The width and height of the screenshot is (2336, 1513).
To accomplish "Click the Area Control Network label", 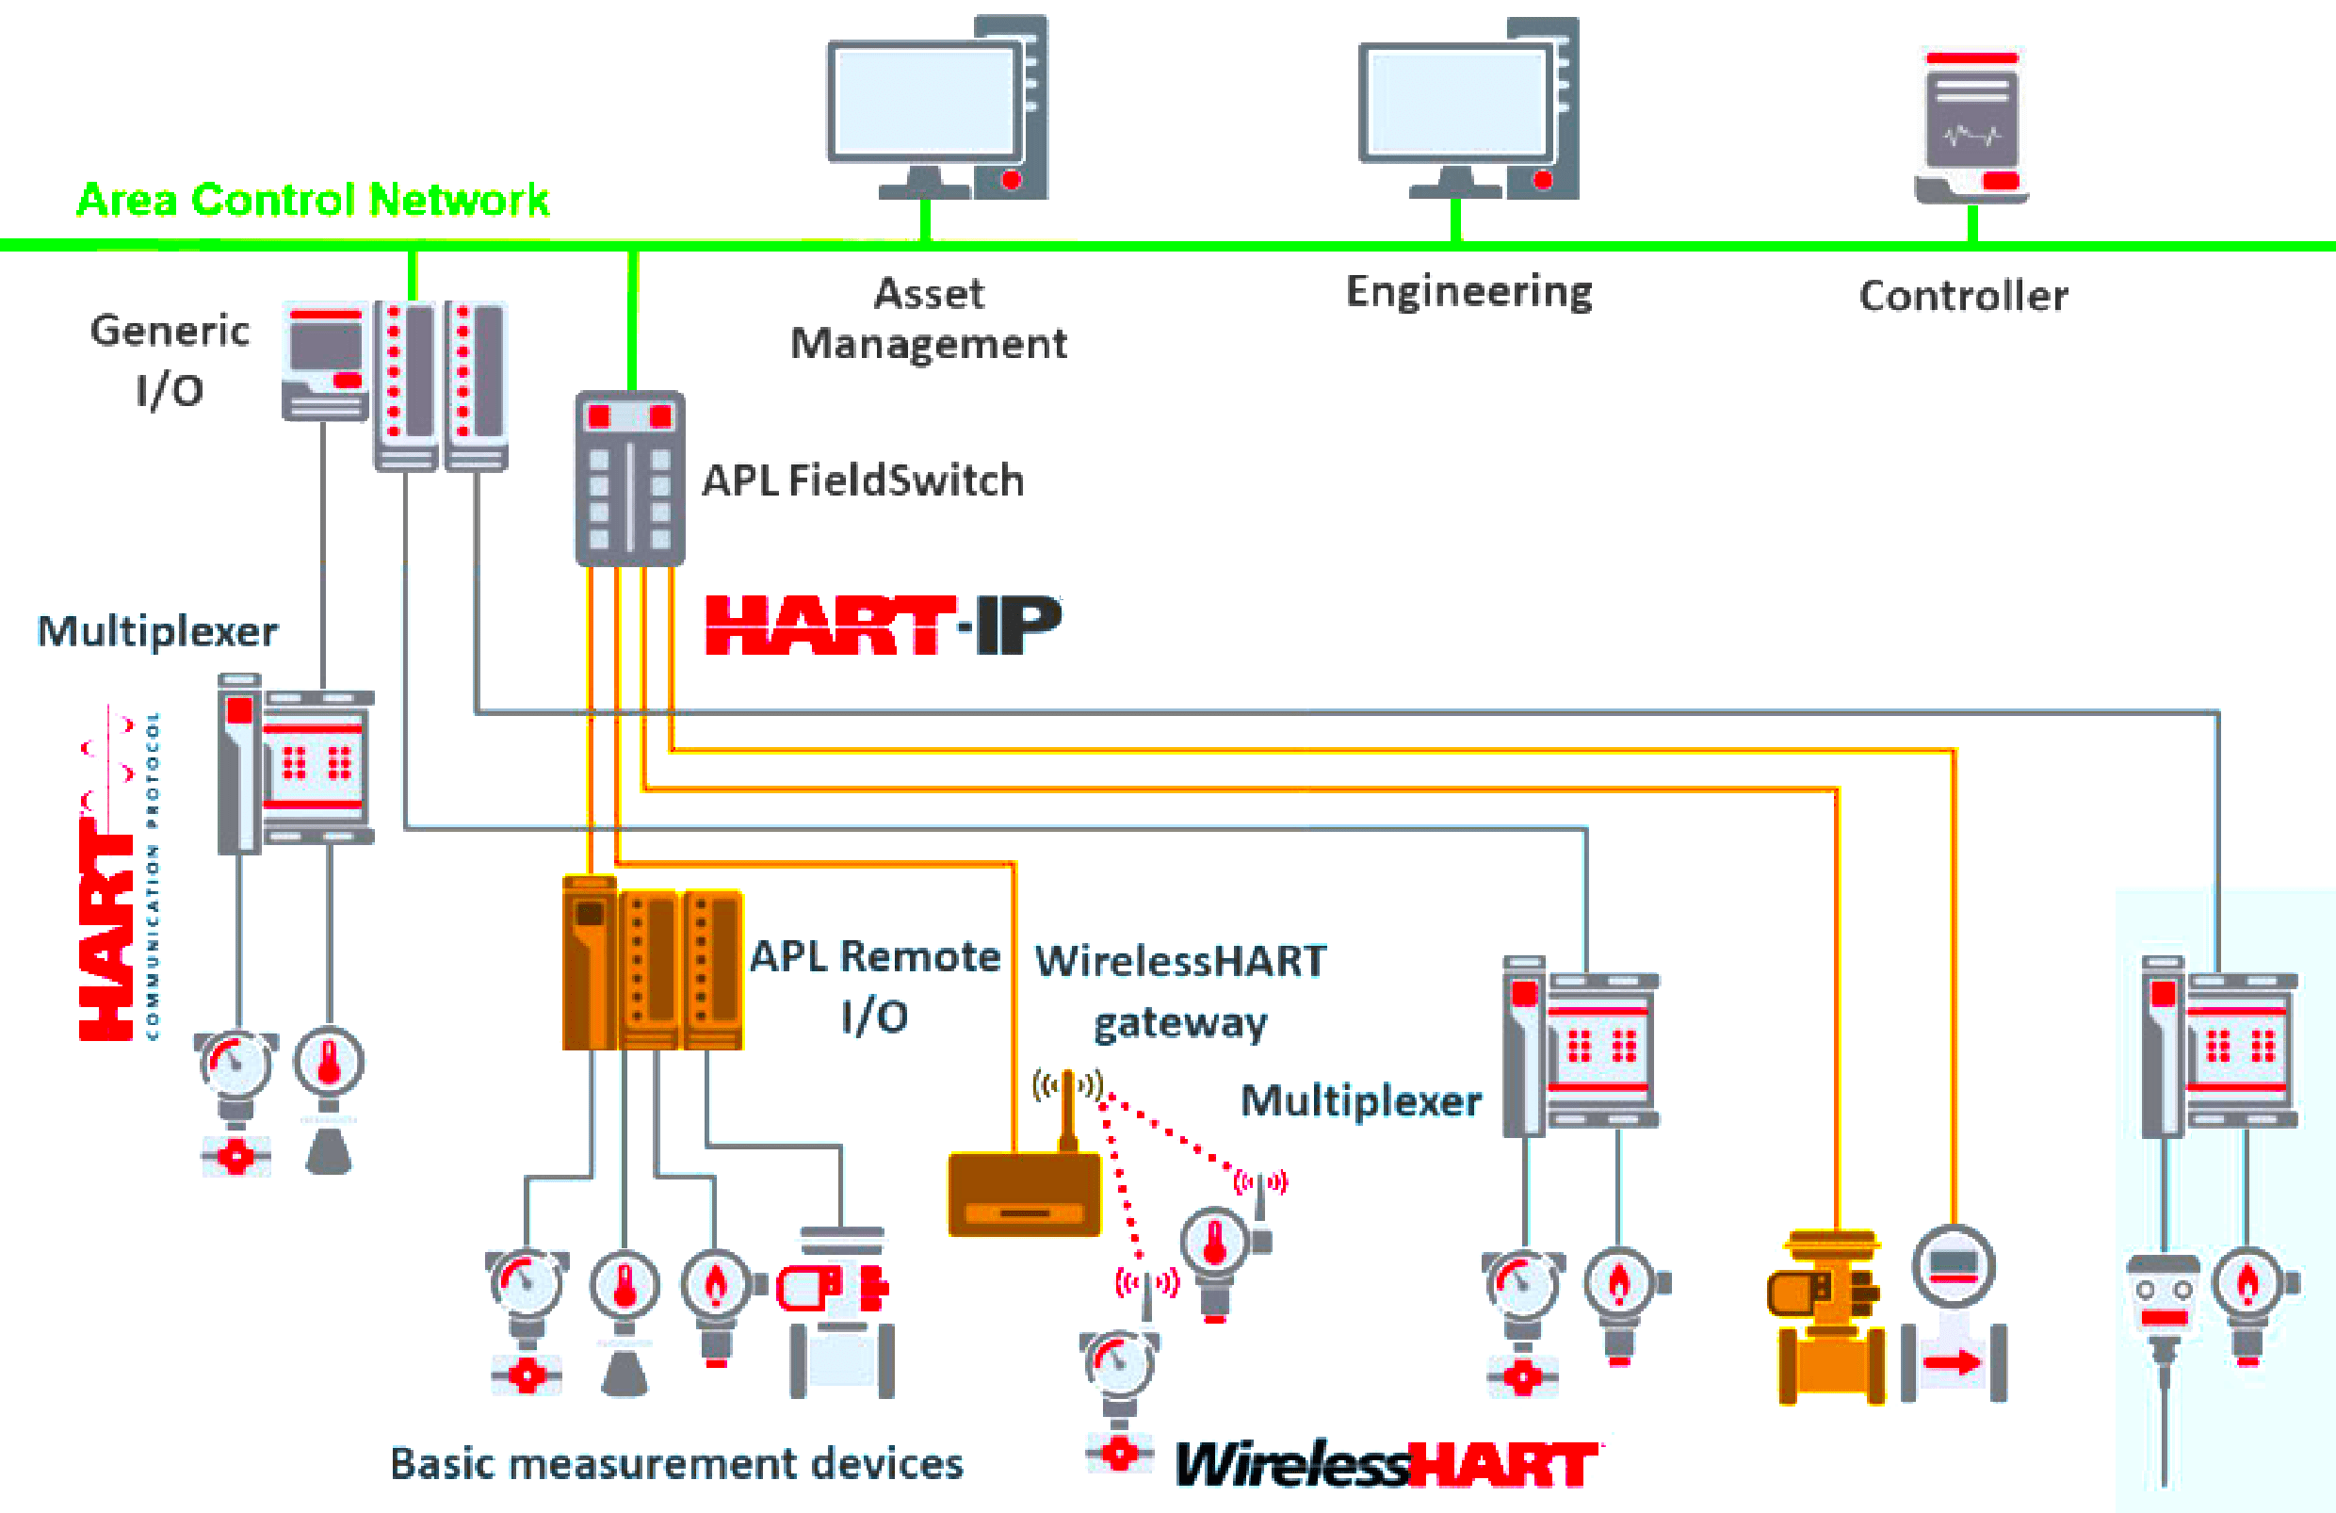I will click(x=312, y=200).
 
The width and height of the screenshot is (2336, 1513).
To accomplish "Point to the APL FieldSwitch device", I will click(x=629, y=479).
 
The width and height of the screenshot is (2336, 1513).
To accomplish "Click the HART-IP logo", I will click(x=883, y=626).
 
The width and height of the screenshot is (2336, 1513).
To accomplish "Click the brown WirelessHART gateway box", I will click(x=1024, y=1194).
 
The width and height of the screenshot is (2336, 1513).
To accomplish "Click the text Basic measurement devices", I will click(x=676, y=1464).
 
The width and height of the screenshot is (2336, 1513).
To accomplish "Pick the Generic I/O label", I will click(x=169, y=359).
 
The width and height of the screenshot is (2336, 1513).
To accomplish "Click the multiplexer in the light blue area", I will click(x=2219, y=1046).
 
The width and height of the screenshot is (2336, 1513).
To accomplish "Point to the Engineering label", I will click(x=1468, y=292).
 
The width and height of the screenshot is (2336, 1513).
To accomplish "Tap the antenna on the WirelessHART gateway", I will click(x=1068, y=1110).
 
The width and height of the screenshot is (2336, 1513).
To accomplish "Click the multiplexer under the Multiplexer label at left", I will click(x=295, y=764).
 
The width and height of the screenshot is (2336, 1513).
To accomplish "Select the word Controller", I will click(x=1963, y=296).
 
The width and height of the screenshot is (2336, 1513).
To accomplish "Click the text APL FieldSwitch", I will click(x=863, y=480).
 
